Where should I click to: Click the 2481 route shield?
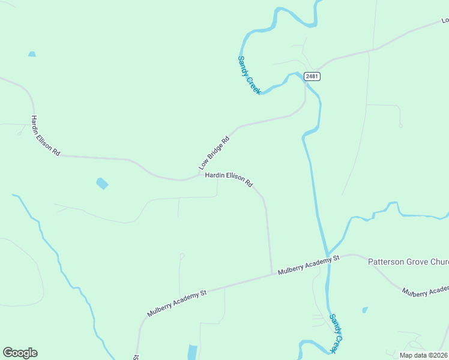click(x=312, y=76)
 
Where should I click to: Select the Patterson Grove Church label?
click(x=408, y=262)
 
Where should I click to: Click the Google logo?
click(x=20, y=353)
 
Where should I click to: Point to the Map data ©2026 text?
click(x=423, y=355)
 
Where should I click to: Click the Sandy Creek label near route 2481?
click(x=249, y=75)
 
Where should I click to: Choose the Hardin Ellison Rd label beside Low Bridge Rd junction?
click(x=229, y=179)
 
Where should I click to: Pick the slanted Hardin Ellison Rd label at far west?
click(x=46, y=136)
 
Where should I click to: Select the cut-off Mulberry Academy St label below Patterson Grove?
click(x=425, y=292)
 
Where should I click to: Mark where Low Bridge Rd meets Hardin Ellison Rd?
click(x=200, y=175)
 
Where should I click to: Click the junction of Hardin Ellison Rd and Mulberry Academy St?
click(x=271, y=274)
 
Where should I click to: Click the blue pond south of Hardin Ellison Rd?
click(x=102, y=183)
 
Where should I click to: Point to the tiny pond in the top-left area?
click(x=32, y=54)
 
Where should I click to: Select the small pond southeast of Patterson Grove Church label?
click(x=365, y=310)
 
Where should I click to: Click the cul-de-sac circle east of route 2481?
click(x=400, y=125)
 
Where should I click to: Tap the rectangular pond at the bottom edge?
click(x=192, y=352)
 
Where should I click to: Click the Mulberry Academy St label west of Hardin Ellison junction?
click(x=177, y=303)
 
